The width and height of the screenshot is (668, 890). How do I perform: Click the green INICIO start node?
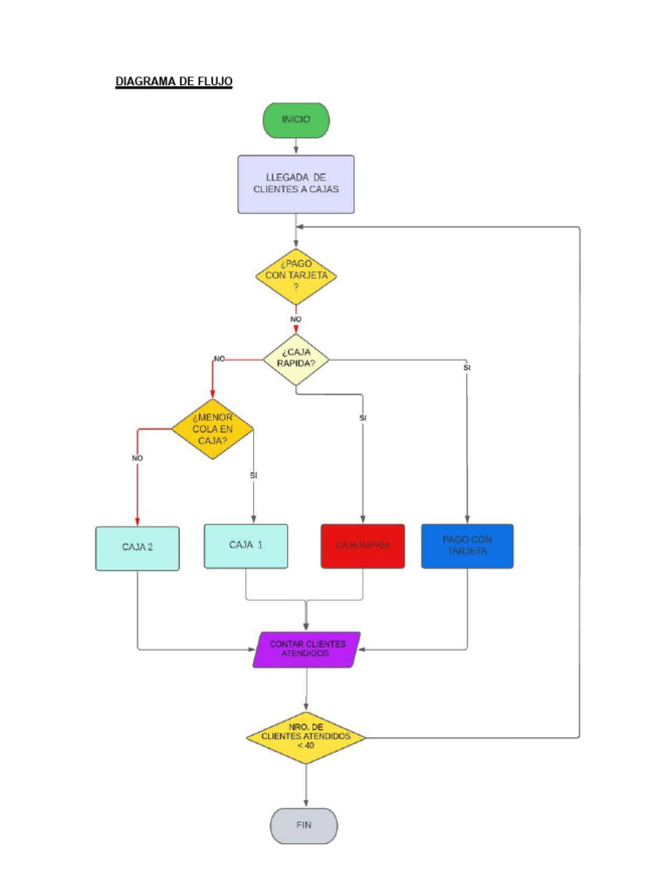click(x=296, y=120)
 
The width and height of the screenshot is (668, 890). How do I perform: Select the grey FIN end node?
click(x=304, y=825)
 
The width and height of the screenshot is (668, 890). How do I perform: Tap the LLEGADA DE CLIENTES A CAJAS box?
click(x=296, y=183)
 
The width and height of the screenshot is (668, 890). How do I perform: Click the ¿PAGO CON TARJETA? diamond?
click(x=296, y=276)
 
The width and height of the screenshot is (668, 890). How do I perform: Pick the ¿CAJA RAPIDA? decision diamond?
click(x=296, y=358)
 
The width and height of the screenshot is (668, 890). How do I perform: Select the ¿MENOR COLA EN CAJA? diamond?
click(x=212, y=428)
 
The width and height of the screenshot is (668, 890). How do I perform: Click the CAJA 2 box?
click(x=137, y=548)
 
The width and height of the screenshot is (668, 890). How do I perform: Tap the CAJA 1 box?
click(x=246, y=545)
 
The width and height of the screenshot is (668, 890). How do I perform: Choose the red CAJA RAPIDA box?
click(x=363, y=546)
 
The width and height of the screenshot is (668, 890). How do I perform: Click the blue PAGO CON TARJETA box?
click(x=467, y=545)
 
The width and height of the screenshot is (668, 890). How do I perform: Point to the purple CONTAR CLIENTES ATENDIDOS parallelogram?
click(x=306, y=649)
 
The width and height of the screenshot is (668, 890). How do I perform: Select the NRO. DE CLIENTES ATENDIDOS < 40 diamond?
click(x=306, y=737)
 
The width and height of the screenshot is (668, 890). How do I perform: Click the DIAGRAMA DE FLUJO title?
click(x=174, y=82)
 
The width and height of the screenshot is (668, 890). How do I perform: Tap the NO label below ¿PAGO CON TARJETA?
click(x=296, y=319)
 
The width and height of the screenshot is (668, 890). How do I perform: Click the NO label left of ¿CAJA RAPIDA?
click(x=219, y=358)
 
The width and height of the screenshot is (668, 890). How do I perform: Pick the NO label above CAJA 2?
click(x=137, y=458)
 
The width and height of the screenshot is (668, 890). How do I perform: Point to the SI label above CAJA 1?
click(x=253, y=475)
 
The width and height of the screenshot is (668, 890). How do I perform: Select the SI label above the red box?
click(x=363, y=418)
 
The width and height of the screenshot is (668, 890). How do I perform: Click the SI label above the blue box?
click(x=467, y=369)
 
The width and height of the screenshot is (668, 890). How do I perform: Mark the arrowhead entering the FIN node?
click(x=306, y=803)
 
